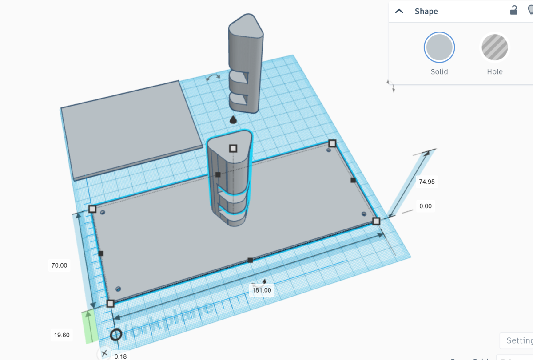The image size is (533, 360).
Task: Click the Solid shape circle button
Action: click(439, 47)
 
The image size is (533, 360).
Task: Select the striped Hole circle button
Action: click(494, 47)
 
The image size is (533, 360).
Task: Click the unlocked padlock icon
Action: click(513, 11)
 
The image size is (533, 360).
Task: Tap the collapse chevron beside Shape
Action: click(399, 11)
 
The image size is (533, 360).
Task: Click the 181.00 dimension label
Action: click(262, 290)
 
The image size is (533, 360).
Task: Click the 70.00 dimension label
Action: click(59, 265)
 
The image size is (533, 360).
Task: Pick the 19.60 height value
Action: click(62, 335)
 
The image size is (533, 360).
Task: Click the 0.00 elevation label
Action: click(425, 206)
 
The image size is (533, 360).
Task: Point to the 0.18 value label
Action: click(120, 356)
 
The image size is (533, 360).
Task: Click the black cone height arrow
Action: click(233, 119)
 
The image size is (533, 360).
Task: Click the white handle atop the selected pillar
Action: click(232, 148)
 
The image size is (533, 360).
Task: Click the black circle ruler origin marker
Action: click(116, 335)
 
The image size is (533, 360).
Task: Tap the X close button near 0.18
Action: click(104, 353)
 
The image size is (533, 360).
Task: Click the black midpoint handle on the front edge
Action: click(250, 260)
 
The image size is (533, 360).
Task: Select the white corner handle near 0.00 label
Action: click(376, 221)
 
